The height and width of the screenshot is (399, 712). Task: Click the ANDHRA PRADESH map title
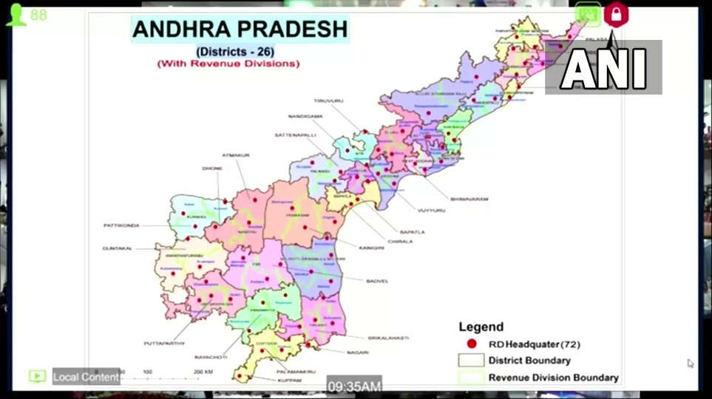pyautogui.click(x=240, y=29)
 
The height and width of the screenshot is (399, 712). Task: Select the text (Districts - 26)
pyautogui.click(x=228, y=51)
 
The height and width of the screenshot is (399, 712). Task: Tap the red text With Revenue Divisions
pyautogui.click(x=228, y=64)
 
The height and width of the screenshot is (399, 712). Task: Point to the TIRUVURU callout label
pyautogui.click(x=329, y=100)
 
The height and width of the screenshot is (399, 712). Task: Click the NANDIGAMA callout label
pyautogui.click(x=305, y=117)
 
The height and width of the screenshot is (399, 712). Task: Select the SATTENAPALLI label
pyautogui.click(x=295, y=135)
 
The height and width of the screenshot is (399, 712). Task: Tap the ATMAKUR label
pyautogui.click(x=236, y=155)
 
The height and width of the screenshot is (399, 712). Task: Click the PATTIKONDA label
pyautogui.click(x=121, y=225)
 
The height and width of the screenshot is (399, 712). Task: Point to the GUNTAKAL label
pyautogui.click(x=117, y=248)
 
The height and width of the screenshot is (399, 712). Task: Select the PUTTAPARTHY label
pyautogui.click(x=164, y=344)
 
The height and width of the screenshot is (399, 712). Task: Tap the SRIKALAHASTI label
pyautogui.click(x=389, y=338)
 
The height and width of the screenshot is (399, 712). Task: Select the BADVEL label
pyautogui.click(x=377, y=281)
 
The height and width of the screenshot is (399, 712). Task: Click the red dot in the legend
pyautogui.click(x=471, y=344)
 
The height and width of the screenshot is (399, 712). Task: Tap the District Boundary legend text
pyautogui.click(x=529, y=361)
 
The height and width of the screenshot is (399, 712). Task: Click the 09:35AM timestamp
pyautogui.click(x=355, y=386)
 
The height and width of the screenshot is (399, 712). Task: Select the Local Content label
pyautogui.click(x=86, y=377)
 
